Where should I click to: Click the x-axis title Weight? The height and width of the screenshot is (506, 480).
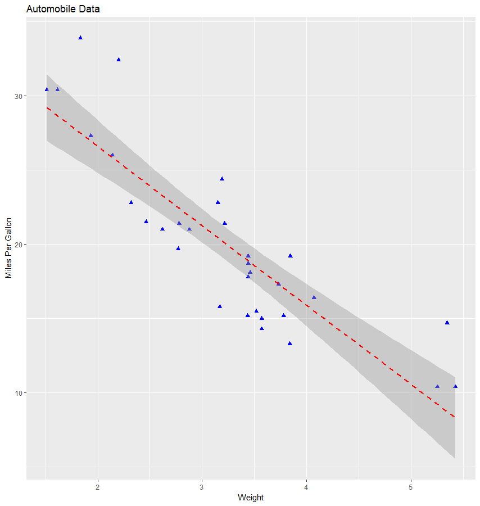coord(251,497)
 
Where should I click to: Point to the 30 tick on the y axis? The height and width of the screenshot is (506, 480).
coord(17,96)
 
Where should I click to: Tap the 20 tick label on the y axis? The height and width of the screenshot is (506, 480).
coord(17,245)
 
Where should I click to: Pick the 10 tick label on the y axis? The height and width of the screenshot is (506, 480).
coord(17,392)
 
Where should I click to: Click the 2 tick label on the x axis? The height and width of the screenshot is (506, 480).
coord(98,486)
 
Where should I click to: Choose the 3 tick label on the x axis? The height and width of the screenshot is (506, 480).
coord(202,486)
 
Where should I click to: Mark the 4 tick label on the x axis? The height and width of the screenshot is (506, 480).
coord(306,486)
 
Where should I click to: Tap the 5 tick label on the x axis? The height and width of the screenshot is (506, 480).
coord(410,486)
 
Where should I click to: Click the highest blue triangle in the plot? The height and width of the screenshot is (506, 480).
coord(80,38)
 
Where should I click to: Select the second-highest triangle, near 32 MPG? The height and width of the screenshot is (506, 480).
coord(119,60)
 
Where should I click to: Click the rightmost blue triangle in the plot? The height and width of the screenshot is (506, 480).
coord(455,386)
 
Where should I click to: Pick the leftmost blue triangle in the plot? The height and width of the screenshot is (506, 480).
coord(47,89)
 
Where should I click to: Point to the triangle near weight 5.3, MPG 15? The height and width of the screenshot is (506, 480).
coord(447,323)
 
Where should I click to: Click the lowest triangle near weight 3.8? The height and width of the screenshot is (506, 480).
coord(289,344)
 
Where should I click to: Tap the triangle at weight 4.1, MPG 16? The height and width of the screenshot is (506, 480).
coord(314,297)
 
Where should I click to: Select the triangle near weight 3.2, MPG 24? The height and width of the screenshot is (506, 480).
coord(222,179)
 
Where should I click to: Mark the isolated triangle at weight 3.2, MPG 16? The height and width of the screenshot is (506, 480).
coord(219,306)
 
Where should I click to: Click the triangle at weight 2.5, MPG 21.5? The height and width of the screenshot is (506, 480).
coord(146,222)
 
